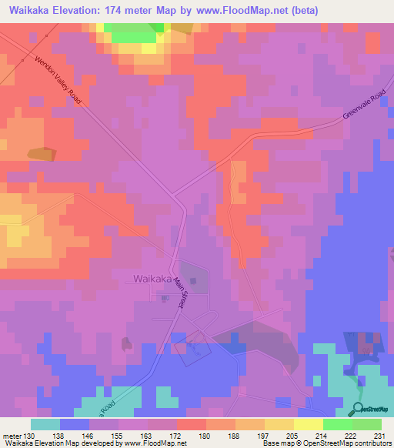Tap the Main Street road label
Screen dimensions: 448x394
click(180, 293)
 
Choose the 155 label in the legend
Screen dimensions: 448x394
click(118, 435)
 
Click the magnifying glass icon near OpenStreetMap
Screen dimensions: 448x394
click(357, 410)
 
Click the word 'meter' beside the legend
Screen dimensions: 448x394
click(12, 435)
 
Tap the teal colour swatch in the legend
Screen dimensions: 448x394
click(45, 424)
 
